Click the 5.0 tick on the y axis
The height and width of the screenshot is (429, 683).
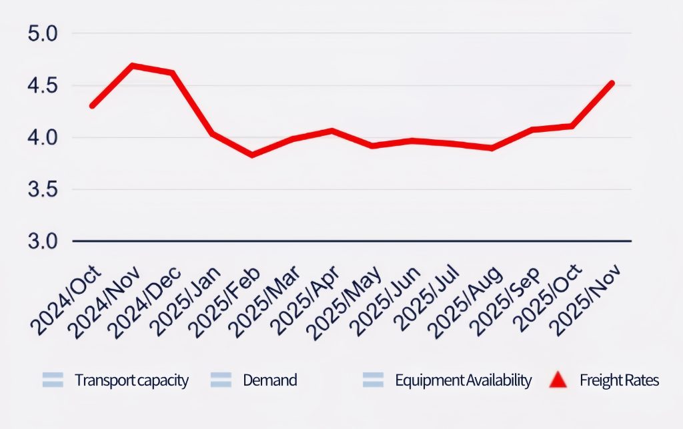click(43, 33)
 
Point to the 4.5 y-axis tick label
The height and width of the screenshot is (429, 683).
click(43, 86)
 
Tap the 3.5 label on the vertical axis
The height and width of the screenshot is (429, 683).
click(43, 190)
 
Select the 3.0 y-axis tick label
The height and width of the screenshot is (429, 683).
click(43, 240)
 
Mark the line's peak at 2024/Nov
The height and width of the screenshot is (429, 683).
click(133, 65)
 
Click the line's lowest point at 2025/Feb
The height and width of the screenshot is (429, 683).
click(252, 155)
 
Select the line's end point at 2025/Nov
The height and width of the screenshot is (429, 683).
click(612, 83)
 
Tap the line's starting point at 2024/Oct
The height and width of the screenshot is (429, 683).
click(92, 106)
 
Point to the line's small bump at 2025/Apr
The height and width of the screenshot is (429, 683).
click(332, 131)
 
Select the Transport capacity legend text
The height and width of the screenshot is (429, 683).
click(131, 380)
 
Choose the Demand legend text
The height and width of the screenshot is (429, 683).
click(269, 380)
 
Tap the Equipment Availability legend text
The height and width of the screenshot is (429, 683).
click(463, 380)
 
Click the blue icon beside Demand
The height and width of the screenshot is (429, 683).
click(220, 380)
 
